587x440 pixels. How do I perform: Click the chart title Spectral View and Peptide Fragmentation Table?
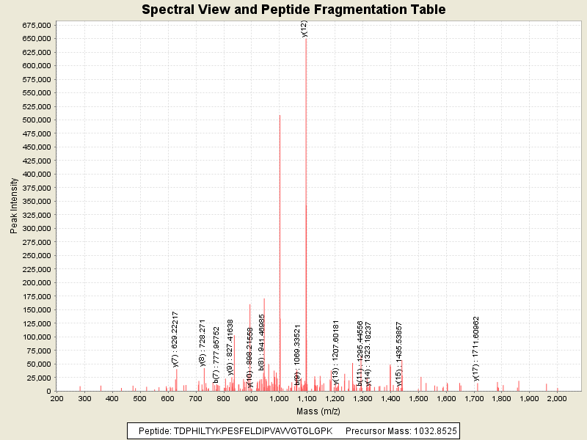coord(293,10)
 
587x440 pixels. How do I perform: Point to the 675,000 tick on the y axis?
coord(35,25)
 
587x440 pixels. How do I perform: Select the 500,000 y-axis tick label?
coord(35,120)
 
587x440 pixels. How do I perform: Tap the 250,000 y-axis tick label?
coord(35,256)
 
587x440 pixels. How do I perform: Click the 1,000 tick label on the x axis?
coord(279,398)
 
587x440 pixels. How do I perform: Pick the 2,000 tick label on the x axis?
coord(557,398)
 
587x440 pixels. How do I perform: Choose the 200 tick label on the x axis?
coord(56,398)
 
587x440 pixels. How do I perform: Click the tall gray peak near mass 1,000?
coord(280,220)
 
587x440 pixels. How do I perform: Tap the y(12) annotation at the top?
coord(305,28)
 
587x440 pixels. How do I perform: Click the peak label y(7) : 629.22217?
coord(175,338)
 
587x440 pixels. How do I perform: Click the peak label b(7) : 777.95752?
coord(216,355)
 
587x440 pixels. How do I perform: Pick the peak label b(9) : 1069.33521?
coord(298,355)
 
